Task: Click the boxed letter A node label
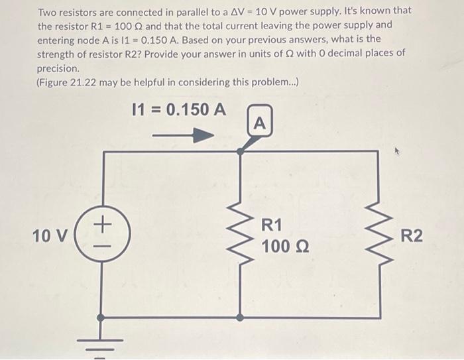tap(259, 122)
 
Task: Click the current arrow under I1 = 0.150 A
tap(183, 135)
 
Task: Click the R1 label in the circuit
tap(272, 225)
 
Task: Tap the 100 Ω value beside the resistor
tap(284, 247)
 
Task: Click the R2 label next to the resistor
tap(411, 237)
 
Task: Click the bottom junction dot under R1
tap(240, 318)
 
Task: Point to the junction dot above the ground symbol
tap(101, 318)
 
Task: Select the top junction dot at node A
tap(240, 152)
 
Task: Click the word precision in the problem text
tap(58, 68)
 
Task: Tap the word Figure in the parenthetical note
tap(60, 82)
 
